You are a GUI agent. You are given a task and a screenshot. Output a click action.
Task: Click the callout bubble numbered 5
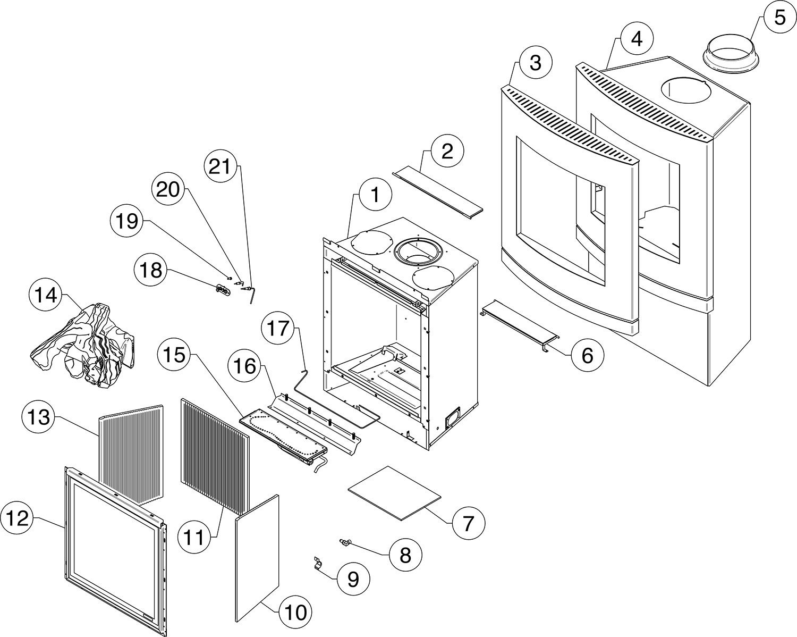tap(778, 18)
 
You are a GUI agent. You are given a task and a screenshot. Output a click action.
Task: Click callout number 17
tap(283, 329)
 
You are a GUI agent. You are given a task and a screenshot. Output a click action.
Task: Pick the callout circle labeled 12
tap(18, 518)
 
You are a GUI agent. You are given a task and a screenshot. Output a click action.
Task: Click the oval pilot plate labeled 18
tap(222, 289)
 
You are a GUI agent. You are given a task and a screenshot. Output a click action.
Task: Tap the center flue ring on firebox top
tap(418, 250)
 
